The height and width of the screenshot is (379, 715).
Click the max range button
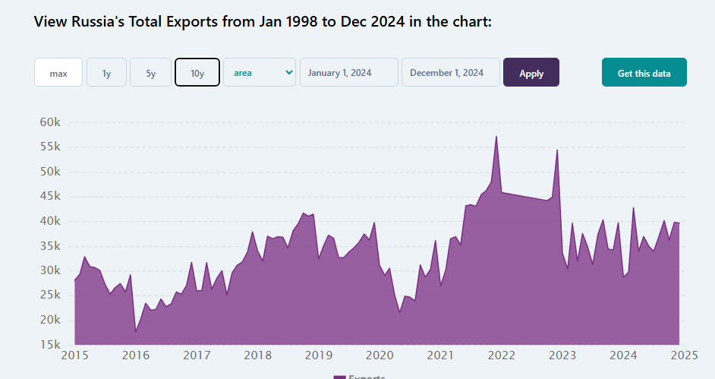[58, 73]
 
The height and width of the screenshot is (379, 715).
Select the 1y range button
[106, 73]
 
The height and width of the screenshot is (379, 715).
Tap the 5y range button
[150, 73]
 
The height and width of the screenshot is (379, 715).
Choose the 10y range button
[197, 73]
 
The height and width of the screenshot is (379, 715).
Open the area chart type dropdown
[259, 72]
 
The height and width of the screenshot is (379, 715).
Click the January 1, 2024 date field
[349, 73]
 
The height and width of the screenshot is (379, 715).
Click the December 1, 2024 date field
[451, 73]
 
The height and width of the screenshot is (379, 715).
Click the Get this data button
[644, 73]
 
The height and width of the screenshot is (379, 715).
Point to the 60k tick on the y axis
[55, 122]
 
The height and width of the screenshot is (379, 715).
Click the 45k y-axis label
[55, 196]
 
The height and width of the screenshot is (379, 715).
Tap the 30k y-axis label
[55, 270]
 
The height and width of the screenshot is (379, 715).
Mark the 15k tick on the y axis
[55, 345]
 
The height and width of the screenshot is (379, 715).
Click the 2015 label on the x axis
[74, 355]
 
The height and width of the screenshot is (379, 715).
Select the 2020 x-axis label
[380, 355]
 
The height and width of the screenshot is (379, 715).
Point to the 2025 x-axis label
[684, 355]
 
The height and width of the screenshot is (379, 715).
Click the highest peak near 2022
[496, 137]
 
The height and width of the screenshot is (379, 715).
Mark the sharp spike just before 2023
[557, 150]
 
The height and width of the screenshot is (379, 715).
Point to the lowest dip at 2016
[136, 331]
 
